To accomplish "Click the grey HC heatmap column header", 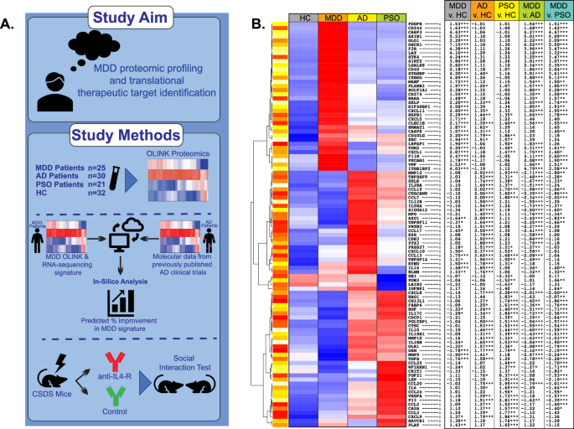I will click(x=303, y=17).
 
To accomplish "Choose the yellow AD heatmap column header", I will click(x=361, y=17).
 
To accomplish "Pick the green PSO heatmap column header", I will click(x=390, y=17).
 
